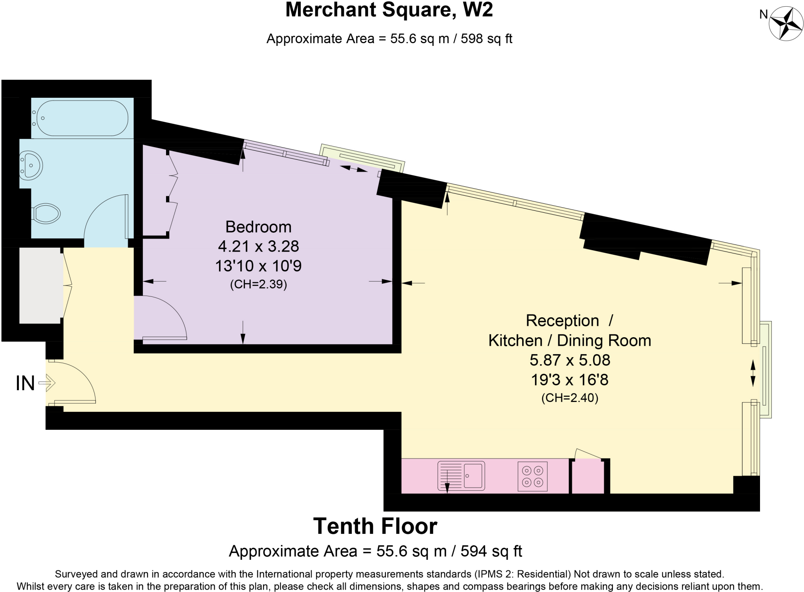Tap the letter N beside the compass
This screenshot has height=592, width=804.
[x=763, y=15]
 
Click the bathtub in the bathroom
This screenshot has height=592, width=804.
[x=82, y=118]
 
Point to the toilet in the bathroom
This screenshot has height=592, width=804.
[x=46, y=214]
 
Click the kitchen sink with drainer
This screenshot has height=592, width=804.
[x=461, y=476]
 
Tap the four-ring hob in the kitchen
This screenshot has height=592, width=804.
[x=532, y=476]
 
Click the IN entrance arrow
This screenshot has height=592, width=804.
[x=48, y=382]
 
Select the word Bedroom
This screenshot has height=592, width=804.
[x=258, y=227]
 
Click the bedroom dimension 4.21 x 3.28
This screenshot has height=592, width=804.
[x=258, y=246]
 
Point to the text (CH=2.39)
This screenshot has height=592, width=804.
[x=258, y=284]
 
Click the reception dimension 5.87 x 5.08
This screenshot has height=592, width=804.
[x=570, y=360]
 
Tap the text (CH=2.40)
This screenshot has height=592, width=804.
[x=570, y=398]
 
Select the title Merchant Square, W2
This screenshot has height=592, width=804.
[x=389, y=10]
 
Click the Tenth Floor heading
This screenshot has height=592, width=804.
[x=375, y=526]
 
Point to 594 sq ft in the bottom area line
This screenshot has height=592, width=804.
[x=491, y=551]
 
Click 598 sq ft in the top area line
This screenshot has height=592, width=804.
[x=486, y=39]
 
